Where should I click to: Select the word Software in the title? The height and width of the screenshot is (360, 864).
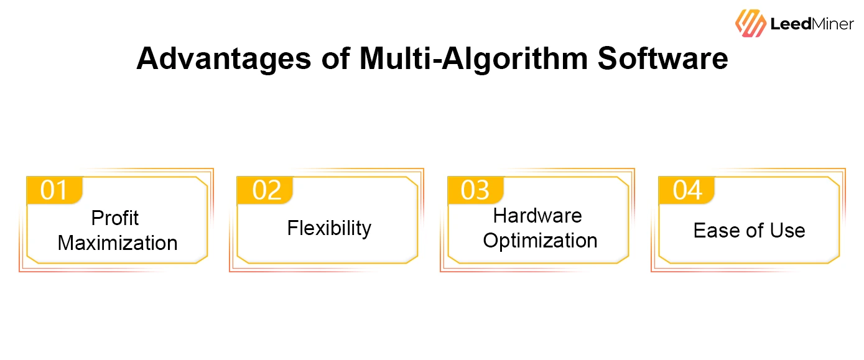(663, 59)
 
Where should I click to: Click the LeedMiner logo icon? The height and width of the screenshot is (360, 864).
(750, 23)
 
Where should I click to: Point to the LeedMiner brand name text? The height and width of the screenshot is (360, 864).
(812, 24)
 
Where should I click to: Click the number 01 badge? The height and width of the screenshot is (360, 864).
(54, 190)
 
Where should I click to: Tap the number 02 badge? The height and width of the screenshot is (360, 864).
(266, 190)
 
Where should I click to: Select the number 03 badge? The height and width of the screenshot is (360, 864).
(475, 190)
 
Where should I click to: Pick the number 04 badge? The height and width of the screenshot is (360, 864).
(687, 190)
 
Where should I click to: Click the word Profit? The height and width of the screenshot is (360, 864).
(115, 218)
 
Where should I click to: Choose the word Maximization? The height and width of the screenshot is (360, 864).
(118, 242)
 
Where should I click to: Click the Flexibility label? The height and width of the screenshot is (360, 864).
(329, 228)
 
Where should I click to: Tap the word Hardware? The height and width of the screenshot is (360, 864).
(537, 216)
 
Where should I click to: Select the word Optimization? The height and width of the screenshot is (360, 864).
(540, 241)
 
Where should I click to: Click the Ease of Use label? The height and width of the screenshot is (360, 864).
(749, 231)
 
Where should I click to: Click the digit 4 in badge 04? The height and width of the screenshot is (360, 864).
(695, 190)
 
